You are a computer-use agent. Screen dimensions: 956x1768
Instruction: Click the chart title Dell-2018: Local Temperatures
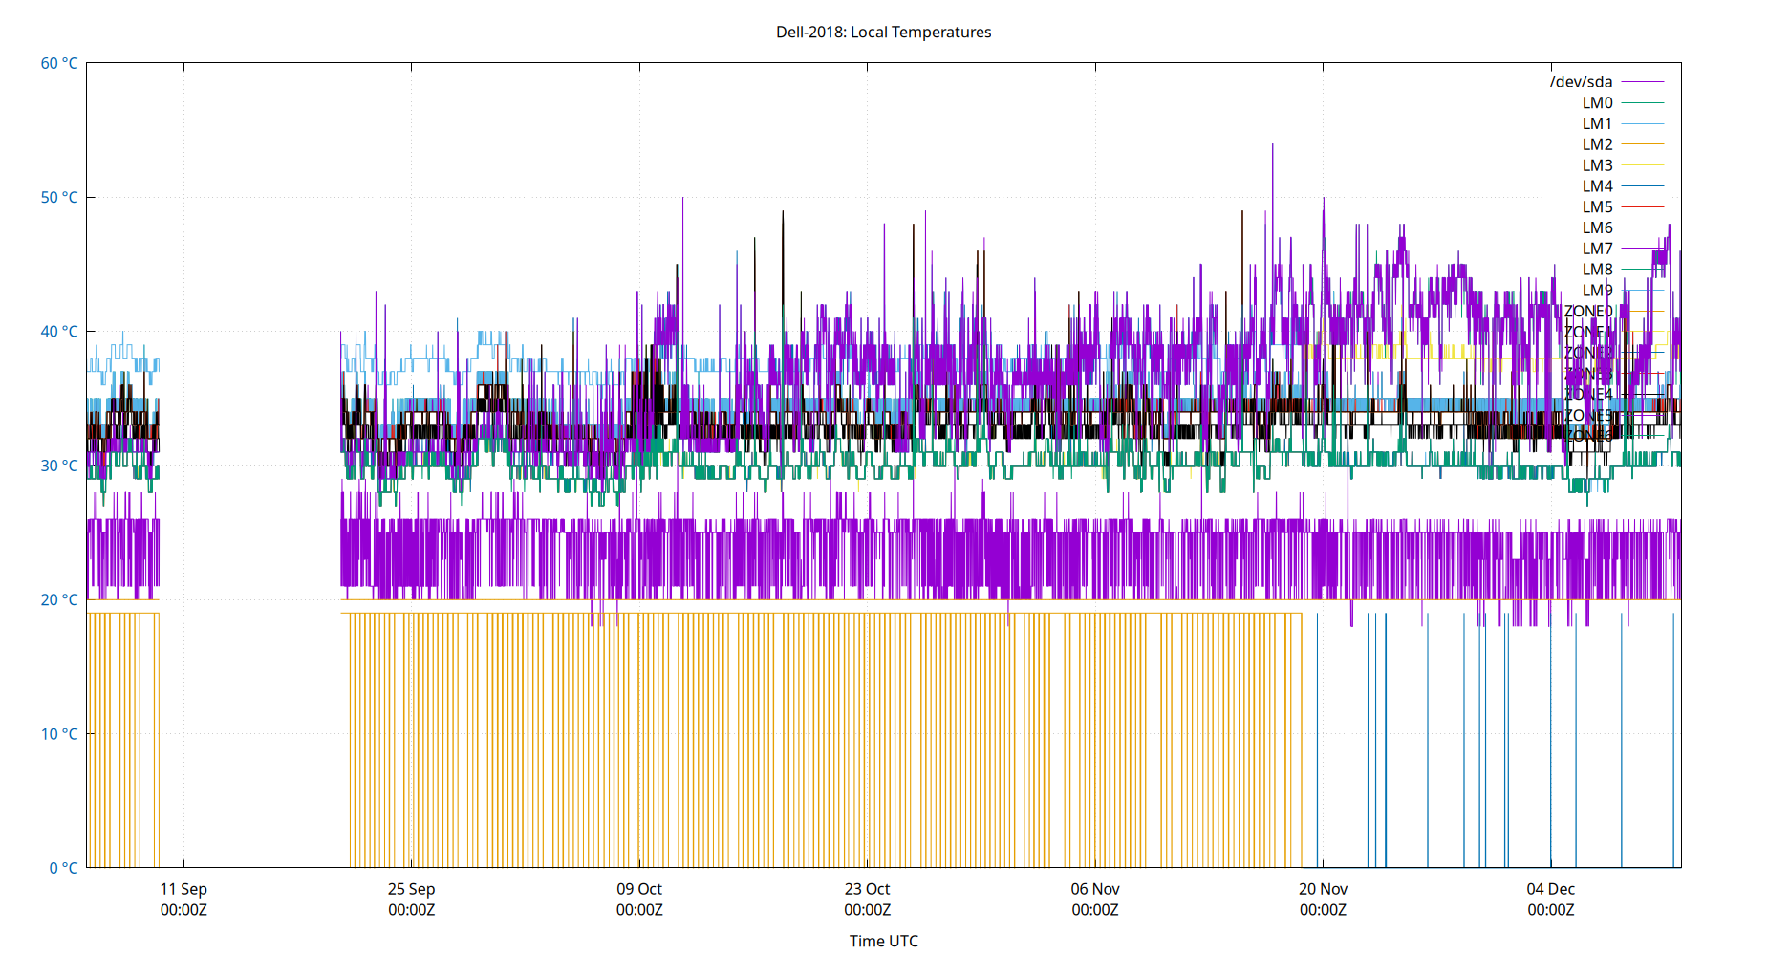[883, 32]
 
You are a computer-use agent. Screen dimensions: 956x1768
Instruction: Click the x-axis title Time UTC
[883, 941]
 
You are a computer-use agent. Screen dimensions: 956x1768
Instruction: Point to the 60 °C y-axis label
[59, 63]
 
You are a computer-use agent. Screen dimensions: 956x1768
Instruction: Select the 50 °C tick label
[59, 197]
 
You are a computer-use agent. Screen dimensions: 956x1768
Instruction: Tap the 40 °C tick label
[59, 332]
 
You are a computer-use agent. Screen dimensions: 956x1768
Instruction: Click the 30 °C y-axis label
[59, 466]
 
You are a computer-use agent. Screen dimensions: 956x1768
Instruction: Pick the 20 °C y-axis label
[59, 599]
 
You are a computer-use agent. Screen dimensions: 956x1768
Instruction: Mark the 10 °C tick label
[59, 734]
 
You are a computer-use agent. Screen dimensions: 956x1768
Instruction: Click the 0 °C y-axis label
[63, 868]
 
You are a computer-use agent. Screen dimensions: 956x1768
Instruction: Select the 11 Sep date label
[183, 889]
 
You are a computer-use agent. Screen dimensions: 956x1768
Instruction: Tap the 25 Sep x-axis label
[411, 889]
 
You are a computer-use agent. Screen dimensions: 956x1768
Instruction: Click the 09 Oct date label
[639, 889]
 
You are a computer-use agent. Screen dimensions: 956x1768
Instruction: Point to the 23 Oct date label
[867, 889]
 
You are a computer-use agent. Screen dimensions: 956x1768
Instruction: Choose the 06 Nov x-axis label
[1095, 889]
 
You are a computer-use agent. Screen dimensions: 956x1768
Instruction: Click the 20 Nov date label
[1323, 889]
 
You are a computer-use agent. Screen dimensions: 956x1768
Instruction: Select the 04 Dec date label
[1550, 889]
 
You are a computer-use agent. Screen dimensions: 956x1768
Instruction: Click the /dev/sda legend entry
[1581, 82]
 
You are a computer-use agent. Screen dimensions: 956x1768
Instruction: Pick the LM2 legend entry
[1597, 144]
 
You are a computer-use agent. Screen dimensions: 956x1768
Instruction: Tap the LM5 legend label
[1597, 206]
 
